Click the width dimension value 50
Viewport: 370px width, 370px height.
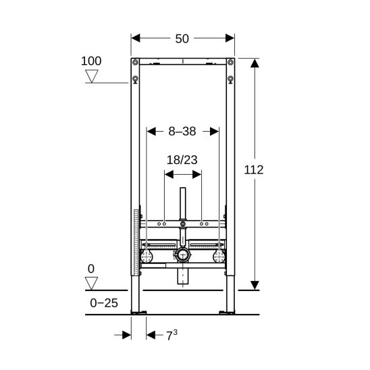[182, 38]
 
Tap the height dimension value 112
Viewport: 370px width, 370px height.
[254, 169]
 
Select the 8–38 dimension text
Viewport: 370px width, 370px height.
[182, 131]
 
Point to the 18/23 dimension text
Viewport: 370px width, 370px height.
[182, 160]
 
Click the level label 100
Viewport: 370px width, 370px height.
[91, 61]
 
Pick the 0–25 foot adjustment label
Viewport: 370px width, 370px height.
[104, 303]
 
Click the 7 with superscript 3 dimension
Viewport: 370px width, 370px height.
[171, 335]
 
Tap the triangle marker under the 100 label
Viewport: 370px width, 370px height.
[92, 76]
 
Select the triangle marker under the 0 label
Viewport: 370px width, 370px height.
[91, 284]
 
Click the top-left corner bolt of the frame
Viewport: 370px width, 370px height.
[135, 62]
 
